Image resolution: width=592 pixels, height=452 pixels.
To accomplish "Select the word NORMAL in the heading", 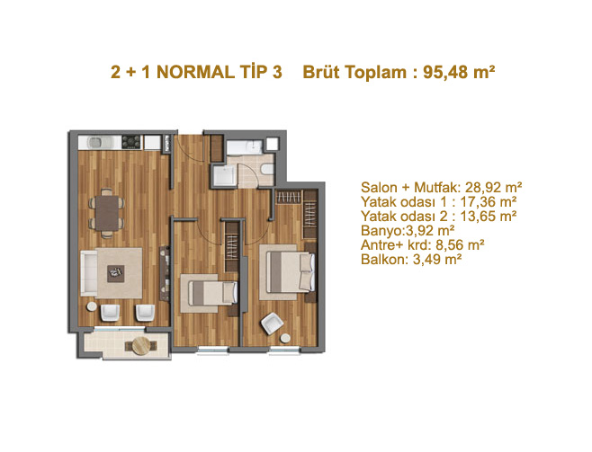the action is tap(195, 72).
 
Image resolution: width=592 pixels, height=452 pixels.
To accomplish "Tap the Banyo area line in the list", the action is tap(408, 231).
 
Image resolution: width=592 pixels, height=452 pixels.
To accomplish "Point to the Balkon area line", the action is tap(411, 260).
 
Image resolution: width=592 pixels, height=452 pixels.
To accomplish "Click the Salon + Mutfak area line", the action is tap(442, 187).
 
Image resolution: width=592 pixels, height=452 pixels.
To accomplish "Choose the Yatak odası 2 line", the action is tap(439, 217).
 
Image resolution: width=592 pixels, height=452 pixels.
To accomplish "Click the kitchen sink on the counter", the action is tap(99, 143).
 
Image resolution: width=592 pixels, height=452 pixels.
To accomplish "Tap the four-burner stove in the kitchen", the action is tap(131, 142).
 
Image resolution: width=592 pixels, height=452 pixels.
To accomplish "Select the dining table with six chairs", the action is tap(107, 213).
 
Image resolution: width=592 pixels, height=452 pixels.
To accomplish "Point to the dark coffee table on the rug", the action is tap(115, 273).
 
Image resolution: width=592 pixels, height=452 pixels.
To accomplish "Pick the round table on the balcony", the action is tap(142, 346).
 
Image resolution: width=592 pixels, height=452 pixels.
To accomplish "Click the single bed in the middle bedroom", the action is tap(212, 293).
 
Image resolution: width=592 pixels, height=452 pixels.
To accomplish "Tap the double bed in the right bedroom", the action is tap(291, 271).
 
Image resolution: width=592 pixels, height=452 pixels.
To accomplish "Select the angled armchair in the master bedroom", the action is tap(273, 323).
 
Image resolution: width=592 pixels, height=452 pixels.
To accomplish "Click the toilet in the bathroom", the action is tap(267, 169).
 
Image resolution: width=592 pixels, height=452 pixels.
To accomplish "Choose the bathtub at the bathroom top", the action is tap(245, 146).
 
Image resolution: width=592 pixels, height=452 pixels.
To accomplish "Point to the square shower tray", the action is tap(224, 176).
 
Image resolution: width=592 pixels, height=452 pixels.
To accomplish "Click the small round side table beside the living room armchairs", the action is tap(92, 306).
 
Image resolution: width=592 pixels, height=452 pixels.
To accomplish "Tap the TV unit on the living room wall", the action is tap(165, 273).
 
